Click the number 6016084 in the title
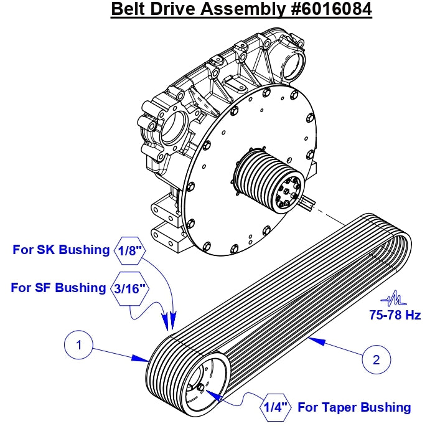point(332,10)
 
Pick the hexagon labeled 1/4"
point(275,407)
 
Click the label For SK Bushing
point(60,250)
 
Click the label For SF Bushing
point(59,288)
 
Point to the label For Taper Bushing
point(354,407)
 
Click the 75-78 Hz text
point(393,315)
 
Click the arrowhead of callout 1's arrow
point(144,359)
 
